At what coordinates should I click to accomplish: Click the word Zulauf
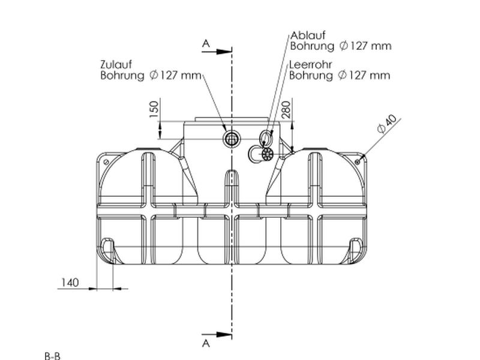tap(116, 65)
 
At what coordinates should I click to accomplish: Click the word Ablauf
tap(308, 35)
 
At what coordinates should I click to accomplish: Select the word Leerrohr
tap(311, 65)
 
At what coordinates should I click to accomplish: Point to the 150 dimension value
tap(154, 109)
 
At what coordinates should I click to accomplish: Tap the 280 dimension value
tap(286, 110)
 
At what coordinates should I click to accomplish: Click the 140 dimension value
tap(70, 283)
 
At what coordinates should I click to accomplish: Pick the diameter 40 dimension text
tap(386, 124)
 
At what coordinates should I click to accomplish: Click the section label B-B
tap(52, 356)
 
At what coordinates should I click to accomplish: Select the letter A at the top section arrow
tap(206, 44)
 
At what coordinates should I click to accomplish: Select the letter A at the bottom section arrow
tap(206, 343)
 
